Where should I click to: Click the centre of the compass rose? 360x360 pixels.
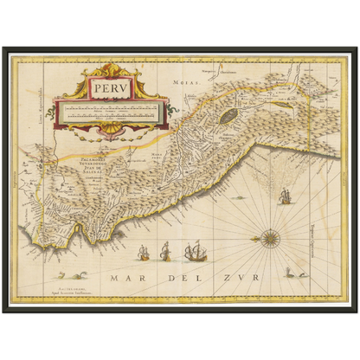pos(268,235)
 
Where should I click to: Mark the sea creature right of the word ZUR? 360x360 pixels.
pos(287,269)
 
